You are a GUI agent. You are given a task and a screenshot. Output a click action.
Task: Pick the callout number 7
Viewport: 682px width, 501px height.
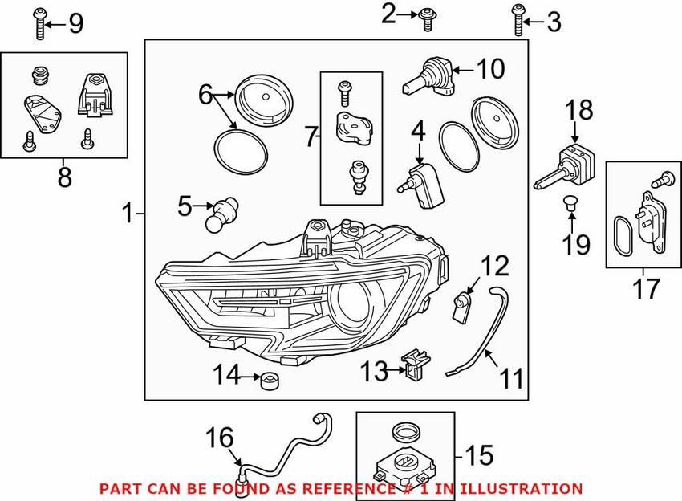311,137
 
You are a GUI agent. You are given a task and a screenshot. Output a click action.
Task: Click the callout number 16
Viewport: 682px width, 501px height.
221,438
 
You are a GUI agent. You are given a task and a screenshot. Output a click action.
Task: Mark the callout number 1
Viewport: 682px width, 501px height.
127,214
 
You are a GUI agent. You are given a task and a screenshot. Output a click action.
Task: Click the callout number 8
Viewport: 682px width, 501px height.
64,177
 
